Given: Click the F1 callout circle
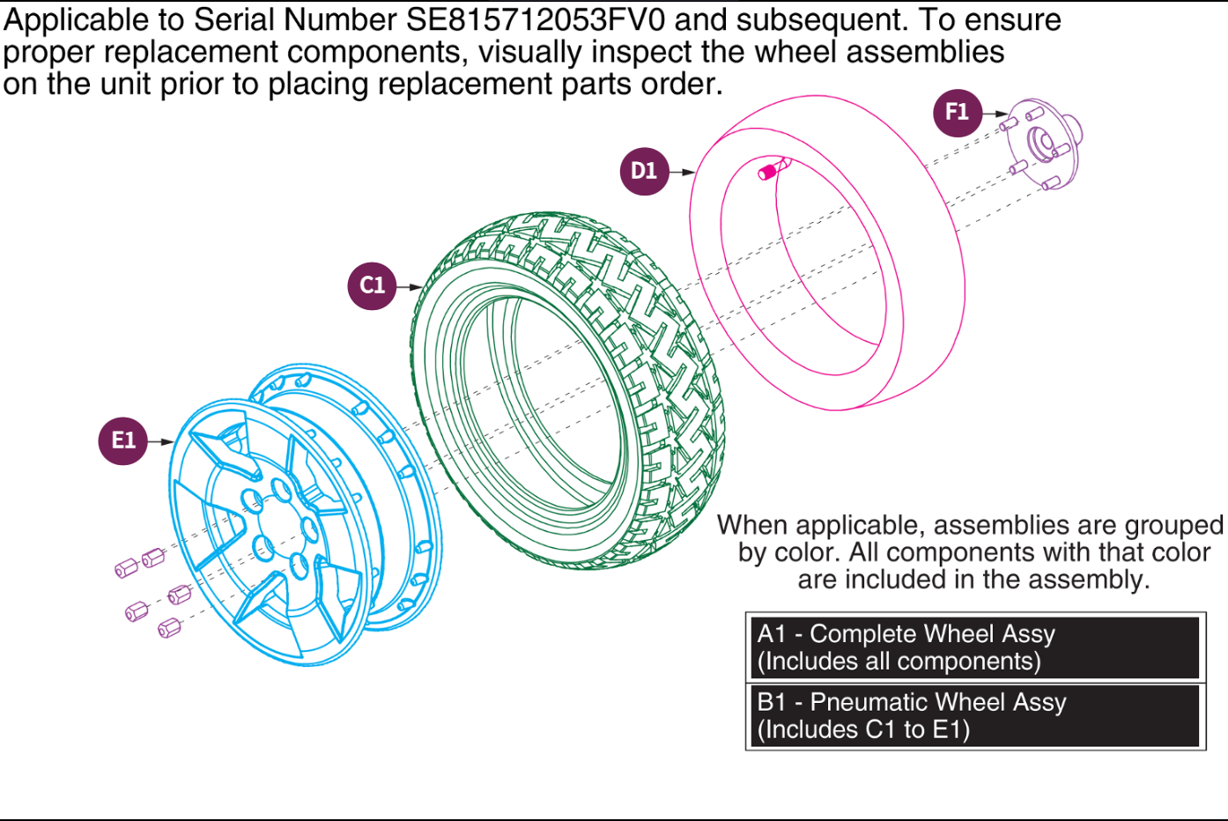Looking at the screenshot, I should tap(957, 113).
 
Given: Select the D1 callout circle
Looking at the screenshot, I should tap(644, 171).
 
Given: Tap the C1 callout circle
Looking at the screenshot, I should tap(372, 285).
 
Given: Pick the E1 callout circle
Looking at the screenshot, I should tap(122, 440).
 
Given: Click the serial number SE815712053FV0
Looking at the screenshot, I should tap(536, 19).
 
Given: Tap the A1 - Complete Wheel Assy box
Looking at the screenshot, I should tap(974, 647).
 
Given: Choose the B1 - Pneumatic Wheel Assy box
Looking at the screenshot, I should tap(974, 715).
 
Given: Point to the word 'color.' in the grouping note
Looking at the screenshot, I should tap(804, 552).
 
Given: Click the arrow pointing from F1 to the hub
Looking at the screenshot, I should tap(996, 114).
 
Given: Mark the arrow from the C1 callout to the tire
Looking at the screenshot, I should tap(410, 286).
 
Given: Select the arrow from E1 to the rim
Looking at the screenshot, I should tap(161, 441).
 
